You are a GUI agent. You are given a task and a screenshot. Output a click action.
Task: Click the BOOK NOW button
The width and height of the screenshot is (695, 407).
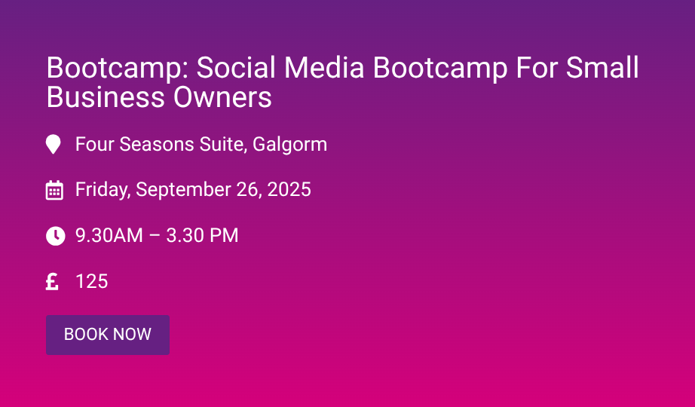[108, 335]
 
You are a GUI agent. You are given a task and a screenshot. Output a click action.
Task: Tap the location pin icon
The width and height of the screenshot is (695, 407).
[54, 145]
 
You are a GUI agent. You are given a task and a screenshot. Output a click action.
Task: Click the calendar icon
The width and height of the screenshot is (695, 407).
[54, 190]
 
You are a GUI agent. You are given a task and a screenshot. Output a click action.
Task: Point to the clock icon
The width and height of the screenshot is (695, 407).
[56, 236]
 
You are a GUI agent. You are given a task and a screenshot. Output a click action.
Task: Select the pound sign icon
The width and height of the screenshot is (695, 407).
[52, 282]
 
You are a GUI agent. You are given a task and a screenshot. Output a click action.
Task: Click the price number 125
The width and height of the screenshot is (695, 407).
[92, 282]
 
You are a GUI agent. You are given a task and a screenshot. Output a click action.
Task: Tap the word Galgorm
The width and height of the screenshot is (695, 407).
[290, 145]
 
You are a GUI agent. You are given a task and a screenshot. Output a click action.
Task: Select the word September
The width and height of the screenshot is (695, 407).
[183, 190]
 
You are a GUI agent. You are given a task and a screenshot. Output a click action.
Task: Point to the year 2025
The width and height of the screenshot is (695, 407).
[289, 190]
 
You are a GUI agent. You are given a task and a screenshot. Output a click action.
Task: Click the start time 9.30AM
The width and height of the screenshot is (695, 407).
[109, 235]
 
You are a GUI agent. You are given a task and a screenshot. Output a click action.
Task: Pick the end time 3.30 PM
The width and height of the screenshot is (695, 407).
[202, 235]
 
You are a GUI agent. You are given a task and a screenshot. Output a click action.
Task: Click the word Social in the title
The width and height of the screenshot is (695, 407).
[235, 67]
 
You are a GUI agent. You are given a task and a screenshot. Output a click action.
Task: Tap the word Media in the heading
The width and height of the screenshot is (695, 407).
[324, 67]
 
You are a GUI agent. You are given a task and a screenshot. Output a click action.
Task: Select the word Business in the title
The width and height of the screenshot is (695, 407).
[106, 97]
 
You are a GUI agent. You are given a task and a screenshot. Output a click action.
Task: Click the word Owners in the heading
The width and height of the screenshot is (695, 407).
[222, 97]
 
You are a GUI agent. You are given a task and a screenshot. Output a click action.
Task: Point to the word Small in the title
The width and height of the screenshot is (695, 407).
[602, 67]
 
